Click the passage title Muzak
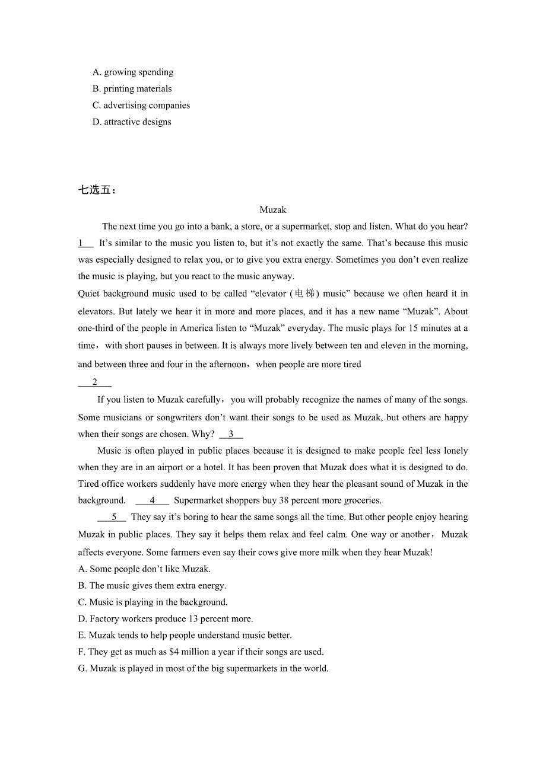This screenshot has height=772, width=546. tap(273, 210)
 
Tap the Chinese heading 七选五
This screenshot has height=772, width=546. tap(97, 190)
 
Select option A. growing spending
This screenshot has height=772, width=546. tap(133, 72)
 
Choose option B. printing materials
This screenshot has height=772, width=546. tap(132, 89)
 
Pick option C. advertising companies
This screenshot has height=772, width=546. tap(141, 106)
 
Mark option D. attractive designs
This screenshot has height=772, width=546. tap(132, 122)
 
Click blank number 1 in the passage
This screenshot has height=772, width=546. tap(85, 243)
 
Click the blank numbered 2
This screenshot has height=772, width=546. tap(95, 382)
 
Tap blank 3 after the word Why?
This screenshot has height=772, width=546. tap(231, 435)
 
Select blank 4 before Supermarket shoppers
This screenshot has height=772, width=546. tap(153, 501)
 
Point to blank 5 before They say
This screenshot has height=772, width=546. tap(114, 518)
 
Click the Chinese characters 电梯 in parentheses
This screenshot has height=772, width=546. tap(304, 294)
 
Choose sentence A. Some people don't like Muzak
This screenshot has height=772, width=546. tap(144, 569)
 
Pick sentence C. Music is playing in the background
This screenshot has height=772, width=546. tap(153, 602)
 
